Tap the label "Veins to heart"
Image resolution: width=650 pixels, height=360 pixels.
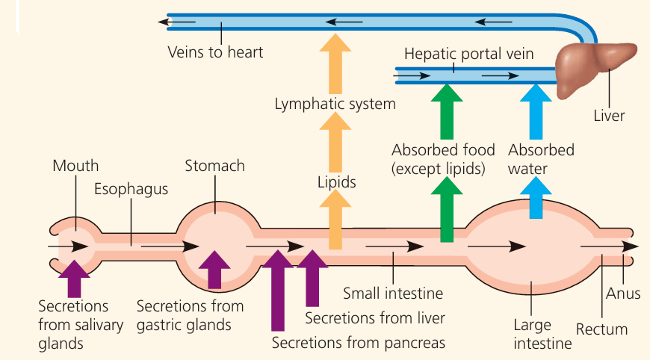pos(215,53)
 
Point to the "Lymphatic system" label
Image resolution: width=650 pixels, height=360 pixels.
pos(335,104)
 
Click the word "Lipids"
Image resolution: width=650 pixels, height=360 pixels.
pos(336,181)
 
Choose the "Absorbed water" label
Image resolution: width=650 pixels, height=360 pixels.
pos(541,159)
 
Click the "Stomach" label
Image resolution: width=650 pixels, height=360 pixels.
pos(214,166)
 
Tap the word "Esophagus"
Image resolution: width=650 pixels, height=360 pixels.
pos(131,188)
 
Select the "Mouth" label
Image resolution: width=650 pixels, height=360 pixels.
pos(75,166)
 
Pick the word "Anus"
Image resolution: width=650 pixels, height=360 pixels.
pos(622,293)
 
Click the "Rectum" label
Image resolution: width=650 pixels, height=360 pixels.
pos(601,329)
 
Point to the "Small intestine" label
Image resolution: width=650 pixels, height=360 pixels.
pos(393,293)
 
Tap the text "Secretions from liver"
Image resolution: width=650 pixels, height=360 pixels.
pos(375,318)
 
